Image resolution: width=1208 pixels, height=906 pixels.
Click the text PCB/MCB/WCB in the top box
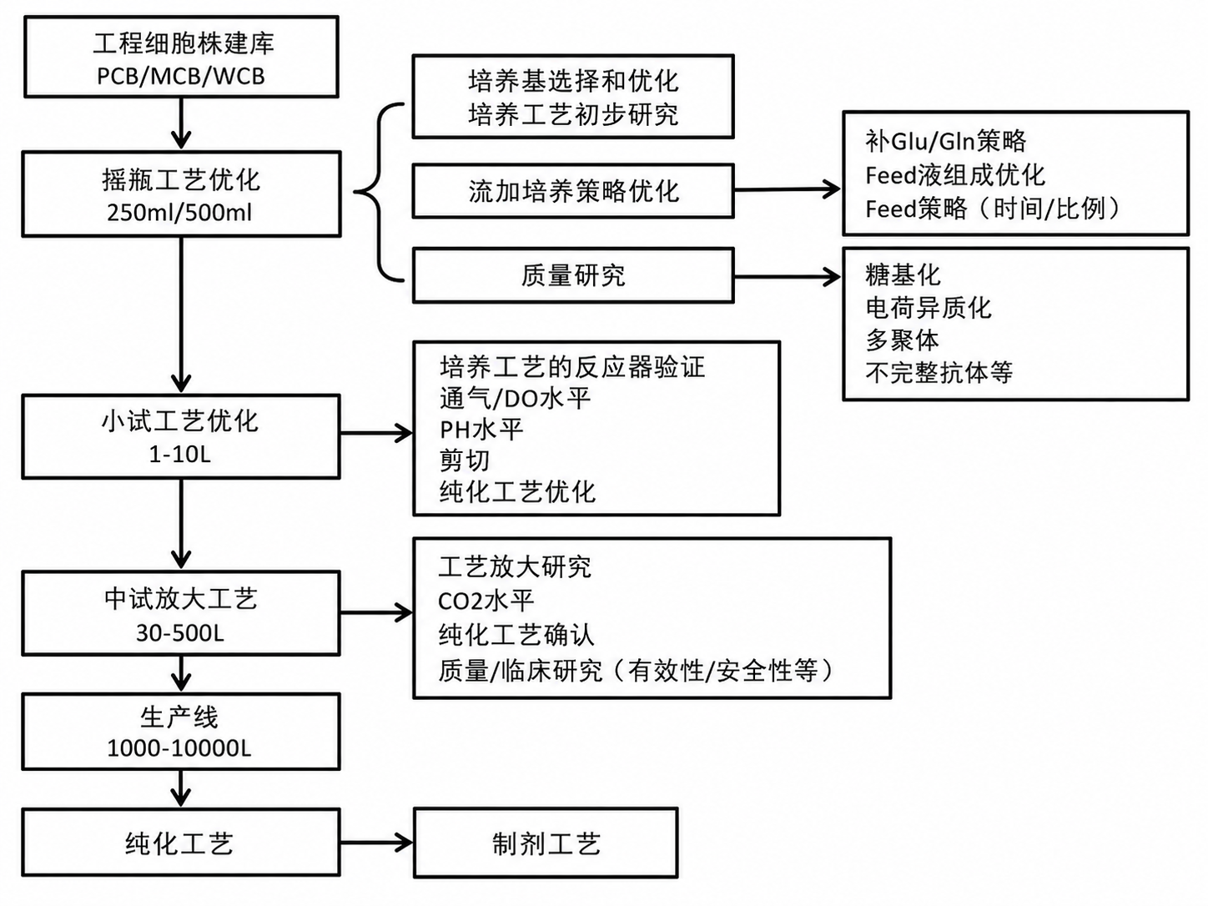tap(180, 76)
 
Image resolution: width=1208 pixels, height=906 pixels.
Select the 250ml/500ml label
tap(179, 213)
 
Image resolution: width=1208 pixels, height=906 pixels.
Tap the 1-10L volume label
tap(180, 455)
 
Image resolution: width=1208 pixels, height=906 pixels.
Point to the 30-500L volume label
tap(180, 633)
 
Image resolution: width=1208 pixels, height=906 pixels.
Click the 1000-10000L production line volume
tap(179, 748)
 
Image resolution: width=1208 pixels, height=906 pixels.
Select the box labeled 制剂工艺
tap(546, 843)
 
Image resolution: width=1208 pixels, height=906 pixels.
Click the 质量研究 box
tap(573, 275)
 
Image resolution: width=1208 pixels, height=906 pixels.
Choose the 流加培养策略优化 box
tap(573, 191)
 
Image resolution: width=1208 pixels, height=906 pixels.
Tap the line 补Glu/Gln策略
tap(945, 141)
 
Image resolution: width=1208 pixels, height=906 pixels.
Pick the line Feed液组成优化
tap(955, 175)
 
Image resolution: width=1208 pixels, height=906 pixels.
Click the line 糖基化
tap(903, 275)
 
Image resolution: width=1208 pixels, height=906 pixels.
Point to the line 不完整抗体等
tap(939, 372)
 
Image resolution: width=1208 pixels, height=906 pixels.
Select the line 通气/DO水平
tap(515, 398)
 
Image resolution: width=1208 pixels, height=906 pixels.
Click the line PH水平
tap(481, 430)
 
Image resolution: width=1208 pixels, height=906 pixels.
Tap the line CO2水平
tap(486, 601)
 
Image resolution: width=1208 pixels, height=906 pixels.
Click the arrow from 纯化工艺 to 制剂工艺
tap(376, 843)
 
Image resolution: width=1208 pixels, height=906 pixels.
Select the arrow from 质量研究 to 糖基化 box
tap(788, 276)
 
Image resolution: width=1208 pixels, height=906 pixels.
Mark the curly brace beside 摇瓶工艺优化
tap(379, 192)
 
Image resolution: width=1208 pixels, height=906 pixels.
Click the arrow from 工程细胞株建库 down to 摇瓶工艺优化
tap(181, 123)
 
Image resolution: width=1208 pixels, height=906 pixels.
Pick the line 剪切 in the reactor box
tap(464, 461)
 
